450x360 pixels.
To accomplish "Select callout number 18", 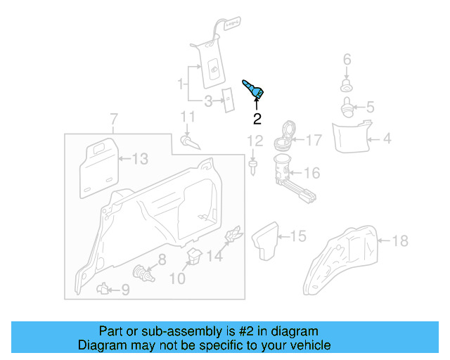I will (399, 241).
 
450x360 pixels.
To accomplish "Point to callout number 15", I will (299, 236).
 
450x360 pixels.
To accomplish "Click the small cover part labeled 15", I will (268, 240).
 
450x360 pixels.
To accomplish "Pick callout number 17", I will (313, 141).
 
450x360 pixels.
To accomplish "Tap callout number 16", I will (311, 173).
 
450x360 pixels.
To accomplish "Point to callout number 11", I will (187, 116).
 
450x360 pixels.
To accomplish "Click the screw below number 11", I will (191, 142).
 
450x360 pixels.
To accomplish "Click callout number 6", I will (347, 60).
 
